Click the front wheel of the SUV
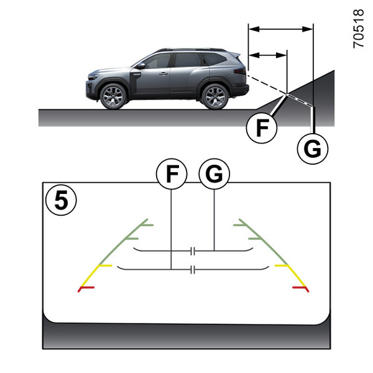[113, 96]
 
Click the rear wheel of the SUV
[215, 96]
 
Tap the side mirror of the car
[141, 66]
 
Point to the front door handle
[163, 74]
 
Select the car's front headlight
[93, 77]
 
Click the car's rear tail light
[240, 71]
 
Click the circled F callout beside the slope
[262, 128]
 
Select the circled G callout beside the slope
[313, 149]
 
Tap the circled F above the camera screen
[172, 174]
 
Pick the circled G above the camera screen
[214, 174]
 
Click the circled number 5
[61, 200]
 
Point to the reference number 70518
[358, 29]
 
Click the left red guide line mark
[86, 289]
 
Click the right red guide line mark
[301, 289]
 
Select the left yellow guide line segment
[96, 275]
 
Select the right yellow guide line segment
[290, 275]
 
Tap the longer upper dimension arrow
[281, 29]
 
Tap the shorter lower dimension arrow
[267, 55]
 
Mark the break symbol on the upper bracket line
[193, 251]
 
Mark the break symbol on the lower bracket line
[193, 270]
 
